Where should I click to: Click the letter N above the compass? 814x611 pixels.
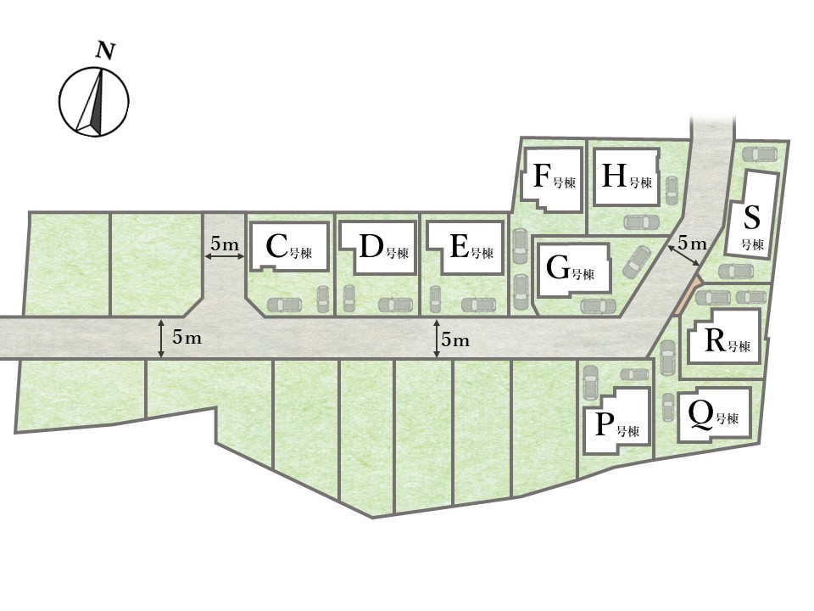tap(106, 52)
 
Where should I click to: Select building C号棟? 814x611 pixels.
tap(290, 246)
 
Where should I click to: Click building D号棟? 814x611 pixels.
tap(378, 247)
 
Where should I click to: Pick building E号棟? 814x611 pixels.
tap(466, 247)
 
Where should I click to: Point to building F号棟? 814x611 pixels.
tap(551, 180)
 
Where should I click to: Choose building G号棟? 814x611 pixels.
tap(572, 270)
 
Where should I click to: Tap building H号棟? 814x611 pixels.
tap(627, 177)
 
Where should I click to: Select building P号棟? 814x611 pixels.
tap(617, 421)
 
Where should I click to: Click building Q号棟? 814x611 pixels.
tap(714, 415)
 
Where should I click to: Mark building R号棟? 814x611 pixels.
tap(725, 336)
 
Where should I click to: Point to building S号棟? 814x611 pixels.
tap(752, 213)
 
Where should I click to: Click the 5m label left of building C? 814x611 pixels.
tap(224, 244)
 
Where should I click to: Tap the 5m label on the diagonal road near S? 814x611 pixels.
tap(693, 243)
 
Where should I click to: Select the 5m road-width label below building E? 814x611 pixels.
tap(455, 340)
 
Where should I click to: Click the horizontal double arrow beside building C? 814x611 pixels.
tap(224, 256)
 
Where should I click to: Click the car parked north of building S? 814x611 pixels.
tap(760, 154)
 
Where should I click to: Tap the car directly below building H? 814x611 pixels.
tap(642, 222)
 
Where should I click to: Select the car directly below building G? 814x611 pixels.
tap(598, 306)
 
